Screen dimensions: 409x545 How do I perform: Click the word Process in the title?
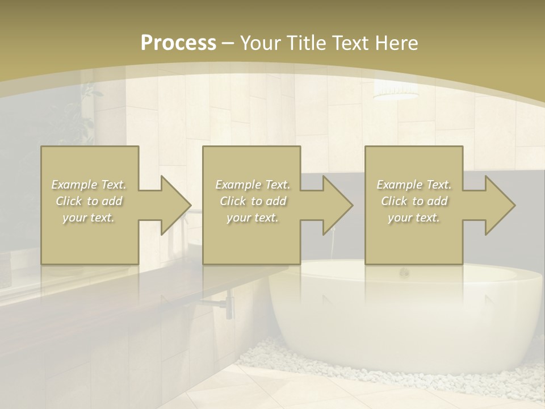pos(178,43)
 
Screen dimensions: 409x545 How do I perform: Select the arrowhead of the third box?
pos(499,205)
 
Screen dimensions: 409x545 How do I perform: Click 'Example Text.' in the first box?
pos(89,185)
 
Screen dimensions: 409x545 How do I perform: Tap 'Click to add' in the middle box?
pos(253,201)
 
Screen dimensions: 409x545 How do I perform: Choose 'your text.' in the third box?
pos(414,218)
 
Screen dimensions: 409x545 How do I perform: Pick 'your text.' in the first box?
pos(89,218)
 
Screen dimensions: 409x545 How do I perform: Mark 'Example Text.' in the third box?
pos(414,185)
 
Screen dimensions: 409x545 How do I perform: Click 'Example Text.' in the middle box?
pos(253,185)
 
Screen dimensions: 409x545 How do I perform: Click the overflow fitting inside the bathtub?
pos(404,273)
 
